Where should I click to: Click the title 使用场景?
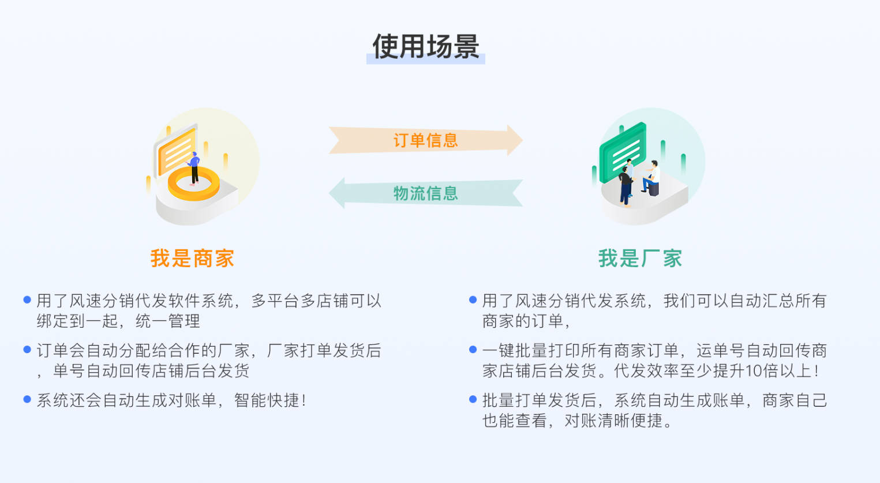pos(426,47)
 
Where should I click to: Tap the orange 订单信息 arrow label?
pos(425,140)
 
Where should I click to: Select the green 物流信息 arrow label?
pos(425,193)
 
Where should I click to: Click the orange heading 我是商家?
pos(192,259)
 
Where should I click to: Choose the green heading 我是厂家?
pos(640,259)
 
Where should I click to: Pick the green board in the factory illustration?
pos(622,151)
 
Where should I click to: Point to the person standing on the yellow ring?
pos(194,167)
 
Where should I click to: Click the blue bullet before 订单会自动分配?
pos(27,350)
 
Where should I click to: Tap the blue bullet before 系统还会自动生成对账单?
pos(27,399)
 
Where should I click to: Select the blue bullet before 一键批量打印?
pos(473,350)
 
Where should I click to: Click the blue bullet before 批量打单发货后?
pos(473,399)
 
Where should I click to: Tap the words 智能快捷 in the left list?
pos(267,400)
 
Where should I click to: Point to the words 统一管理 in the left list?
pos(168,321)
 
